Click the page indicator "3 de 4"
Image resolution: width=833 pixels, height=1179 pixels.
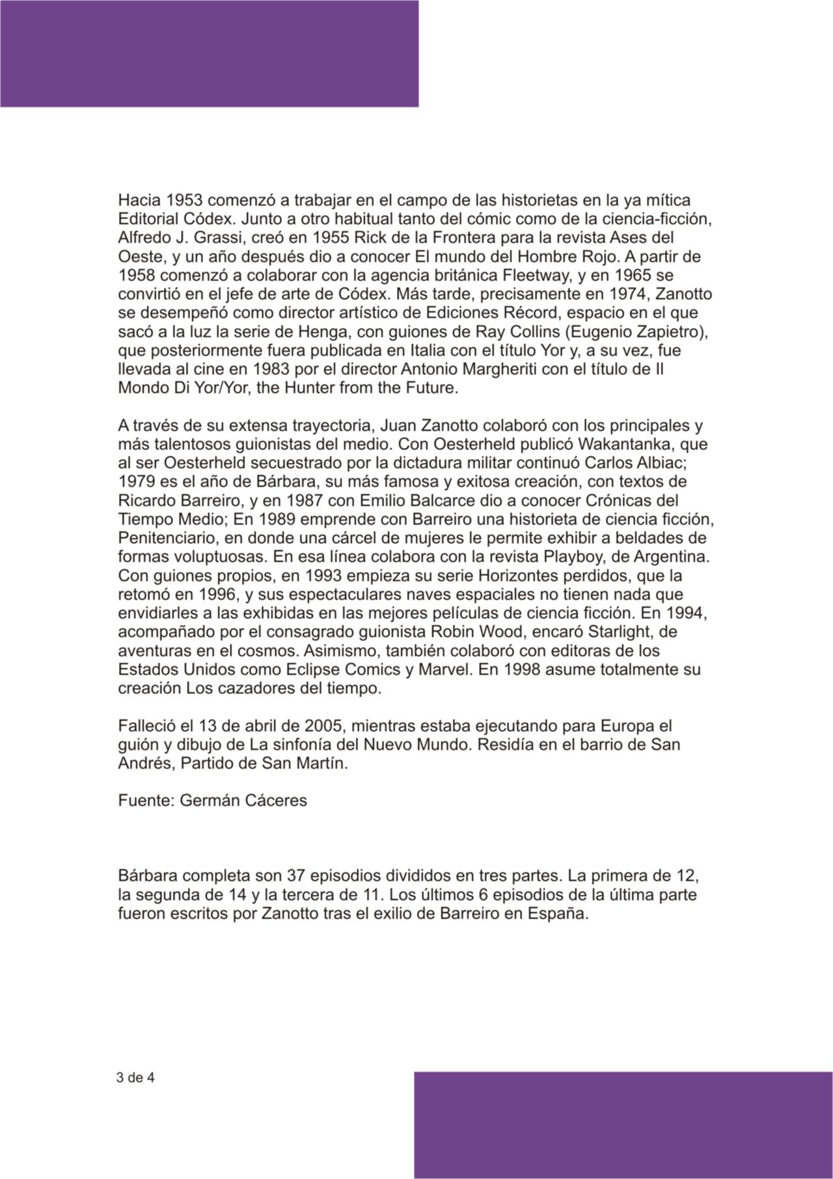point(135,1077)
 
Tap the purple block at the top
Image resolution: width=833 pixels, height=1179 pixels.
point(209,53)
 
